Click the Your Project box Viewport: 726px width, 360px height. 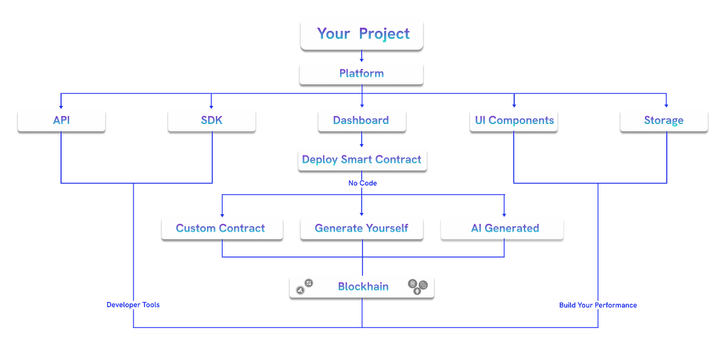click(x=362, y=34)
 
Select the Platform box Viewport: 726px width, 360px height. click(x=361, y=74)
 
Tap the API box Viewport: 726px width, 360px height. click(x=61, y=120)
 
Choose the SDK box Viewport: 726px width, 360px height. click(x=211, y=120)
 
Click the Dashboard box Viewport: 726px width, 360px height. click(x=361, y=120)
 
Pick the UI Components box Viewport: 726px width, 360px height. click(x=512, y=120)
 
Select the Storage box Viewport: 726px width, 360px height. click(x=664, y=120)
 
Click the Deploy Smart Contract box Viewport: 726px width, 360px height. click(x=361, y=160)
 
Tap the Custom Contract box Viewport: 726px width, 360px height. click(x=221, y=229)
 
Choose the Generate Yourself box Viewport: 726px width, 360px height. click(x=361, y=229)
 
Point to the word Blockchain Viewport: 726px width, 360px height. click(x=362, y=287)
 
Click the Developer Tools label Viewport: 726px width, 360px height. click(x=133, y=305)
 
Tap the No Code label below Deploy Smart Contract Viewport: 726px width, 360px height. click(x=362, y=183)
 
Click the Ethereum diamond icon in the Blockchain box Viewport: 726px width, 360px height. click(x=417, y=291)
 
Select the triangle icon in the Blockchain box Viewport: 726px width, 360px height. click(x=299, y=291)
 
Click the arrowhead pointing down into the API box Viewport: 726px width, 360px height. click(x=61, y=105)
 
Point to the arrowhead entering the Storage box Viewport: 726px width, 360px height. click(x=666, y=105)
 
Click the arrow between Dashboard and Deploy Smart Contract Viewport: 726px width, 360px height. click(x=362, y=143)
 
